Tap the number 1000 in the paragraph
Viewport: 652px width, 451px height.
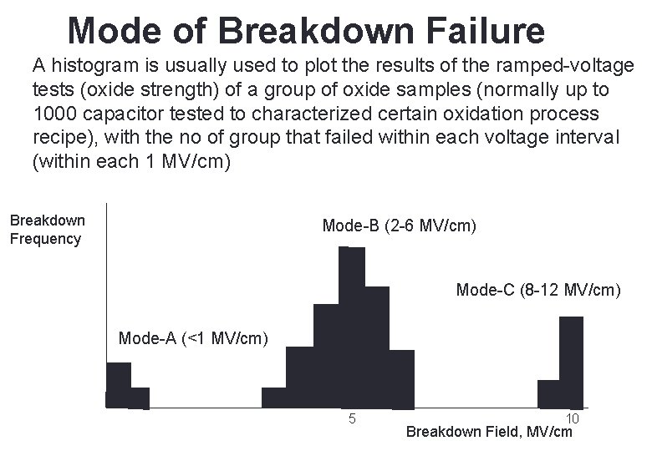pyautogui.click(x=56, y=113)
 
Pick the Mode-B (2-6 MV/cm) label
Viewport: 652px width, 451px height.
pyautogui.click(x=399, y=225)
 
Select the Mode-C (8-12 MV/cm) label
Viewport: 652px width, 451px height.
pyautogui.click(x=538, y=291)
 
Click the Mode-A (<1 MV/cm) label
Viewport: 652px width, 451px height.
pyautogui.click(x=193, y=338)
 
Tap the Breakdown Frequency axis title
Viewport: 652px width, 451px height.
pyautogui.click(x=47, y=230)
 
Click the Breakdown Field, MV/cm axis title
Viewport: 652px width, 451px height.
pyautogui.click(x=489, y=432)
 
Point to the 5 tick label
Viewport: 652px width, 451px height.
pyautogui.click(x=353, y=418)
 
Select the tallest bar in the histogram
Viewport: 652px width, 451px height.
pyautogui.click(x=351, y=326)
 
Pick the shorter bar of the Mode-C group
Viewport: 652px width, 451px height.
pyautogui.click(x=548, y=393)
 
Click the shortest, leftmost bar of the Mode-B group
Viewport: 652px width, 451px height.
pyautogui.click(x=273, y=398)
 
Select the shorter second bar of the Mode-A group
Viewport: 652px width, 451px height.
pyautogui.click(x=140, y=398)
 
